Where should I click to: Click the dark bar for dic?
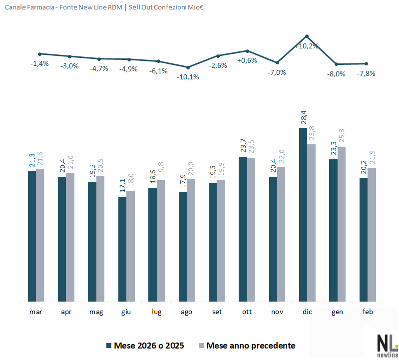click(303, 215)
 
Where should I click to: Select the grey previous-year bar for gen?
click(342, 224)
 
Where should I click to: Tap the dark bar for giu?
click(122, 249)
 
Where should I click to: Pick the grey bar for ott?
click(251, 230)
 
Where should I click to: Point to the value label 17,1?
click(122, 186)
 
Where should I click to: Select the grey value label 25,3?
click(342, 136)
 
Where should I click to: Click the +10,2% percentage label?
click(307, 46)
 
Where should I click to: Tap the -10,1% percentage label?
click(188, 77)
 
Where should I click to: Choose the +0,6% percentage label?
click(247, 60)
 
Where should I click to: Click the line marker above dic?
click(307, 36)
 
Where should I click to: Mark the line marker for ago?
click(188, 67)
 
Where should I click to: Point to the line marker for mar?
click(39, 54)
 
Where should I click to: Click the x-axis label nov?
click(277, 312)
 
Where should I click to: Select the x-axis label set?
click(217, 312)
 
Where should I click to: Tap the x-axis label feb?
click(367, 312)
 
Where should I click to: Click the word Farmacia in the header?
click(41, 7)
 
